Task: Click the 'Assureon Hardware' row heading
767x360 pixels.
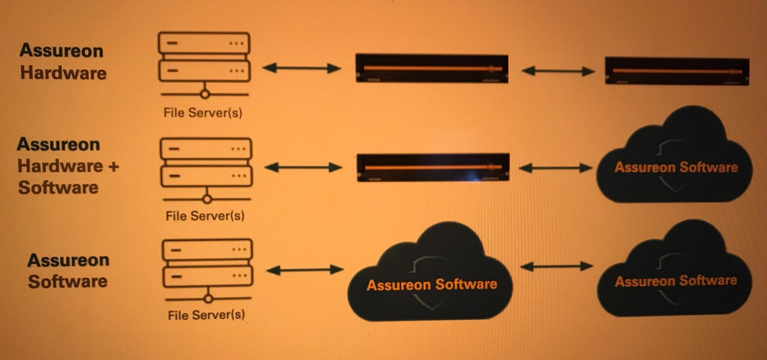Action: pyautogui.click(x=63, y=61)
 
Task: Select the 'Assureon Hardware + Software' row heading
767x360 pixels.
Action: pyautogui.click(x=67, y=166)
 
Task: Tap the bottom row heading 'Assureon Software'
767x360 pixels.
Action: pyautogui.click(x=68, y=270)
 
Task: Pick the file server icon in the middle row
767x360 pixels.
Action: pyautogui.click(x=206, y=170)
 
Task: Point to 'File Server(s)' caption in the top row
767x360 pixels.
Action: pyautogui.click(x=203, y=112)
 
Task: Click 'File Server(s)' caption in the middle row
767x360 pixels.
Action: pyautogui.click(x=205, y=215)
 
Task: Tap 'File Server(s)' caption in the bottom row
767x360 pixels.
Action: pyautogui.click(x=206, y=315)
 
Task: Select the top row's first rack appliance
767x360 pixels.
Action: pyautogui.click(x=432, y=69)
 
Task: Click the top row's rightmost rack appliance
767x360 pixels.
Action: pyautogui.click(x=677, y=71)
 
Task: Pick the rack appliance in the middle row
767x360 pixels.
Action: pyautogui.click(x=433, y=167)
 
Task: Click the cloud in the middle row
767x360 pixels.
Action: pyautogui.click(x=674, y=161)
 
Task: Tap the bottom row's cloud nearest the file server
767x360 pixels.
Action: pyautogui.click(x=431, y=277)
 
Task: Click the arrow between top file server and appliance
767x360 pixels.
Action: pyautogui.click(x=302, y=68)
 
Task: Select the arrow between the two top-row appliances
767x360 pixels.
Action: pyautogui.click(x=558, y=71)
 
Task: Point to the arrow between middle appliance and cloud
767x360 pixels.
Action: pyautogui.click(x=556, y=168)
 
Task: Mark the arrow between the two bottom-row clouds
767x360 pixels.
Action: pyautogui.click(x=556, y=266)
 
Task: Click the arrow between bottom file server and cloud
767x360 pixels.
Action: pyautogui.click(x=305, y=270)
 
